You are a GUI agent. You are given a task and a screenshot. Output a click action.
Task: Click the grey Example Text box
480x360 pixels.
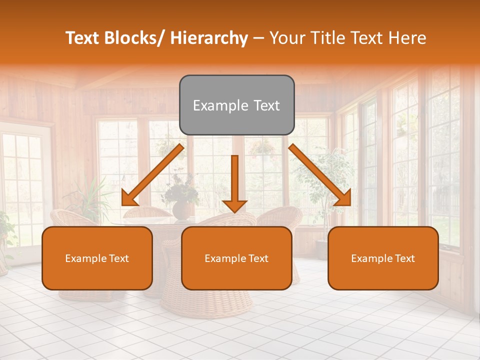[236, 105]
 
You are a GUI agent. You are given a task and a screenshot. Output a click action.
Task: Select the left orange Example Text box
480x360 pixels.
[97, 258]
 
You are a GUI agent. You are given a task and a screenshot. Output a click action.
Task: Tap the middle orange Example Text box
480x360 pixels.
[236, 258]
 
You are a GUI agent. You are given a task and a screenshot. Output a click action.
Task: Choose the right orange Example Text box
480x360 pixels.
[383, 258]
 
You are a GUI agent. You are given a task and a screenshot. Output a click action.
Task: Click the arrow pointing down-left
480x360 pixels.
[152, 175]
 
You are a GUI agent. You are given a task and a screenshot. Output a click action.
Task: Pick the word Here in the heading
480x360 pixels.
[408, 38]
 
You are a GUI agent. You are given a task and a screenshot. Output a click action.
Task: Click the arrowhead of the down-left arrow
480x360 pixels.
[129, 198]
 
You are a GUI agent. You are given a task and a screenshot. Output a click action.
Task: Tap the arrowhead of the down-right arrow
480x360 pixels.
[343, 198]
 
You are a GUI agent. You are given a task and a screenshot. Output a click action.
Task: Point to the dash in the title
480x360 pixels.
[258, 38]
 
